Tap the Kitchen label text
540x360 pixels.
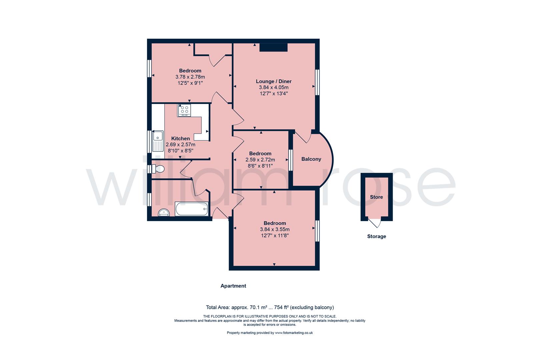[180, 138]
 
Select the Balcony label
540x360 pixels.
[311, 159]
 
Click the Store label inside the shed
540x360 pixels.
[376, 197]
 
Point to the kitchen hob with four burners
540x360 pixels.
[184, 110]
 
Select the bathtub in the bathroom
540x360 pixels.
[191, 209]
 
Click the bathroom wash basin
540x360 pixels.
[163, 213]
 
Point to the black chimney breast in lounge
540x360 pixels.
[273, 48]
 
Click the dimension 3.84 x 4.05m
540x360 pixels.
[273, 87]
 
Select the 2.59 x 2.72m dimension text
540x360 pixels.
[260, 160]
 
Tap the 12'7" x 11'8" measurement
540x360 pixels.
[274, 235]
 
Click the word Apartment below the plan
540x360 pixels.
[233, 286]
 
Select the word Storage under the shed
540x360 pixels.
[376, 236]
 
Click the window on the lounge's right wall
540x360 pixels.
[317, 82]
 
